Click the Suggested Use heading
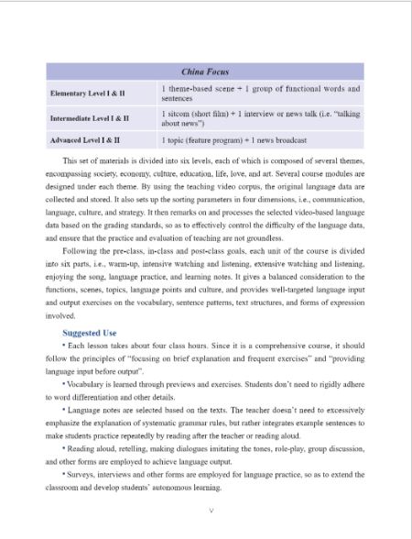pos(90,332)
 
